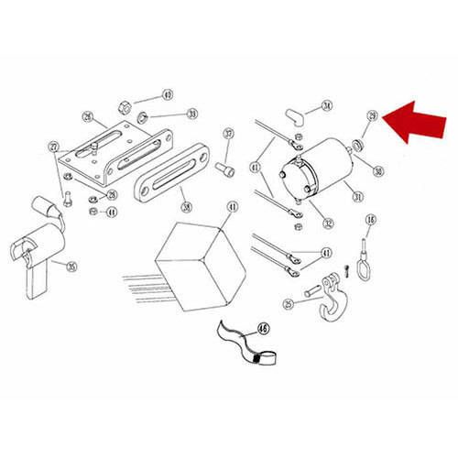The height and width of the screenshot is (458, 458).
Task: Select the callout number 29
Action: tap(372, 116)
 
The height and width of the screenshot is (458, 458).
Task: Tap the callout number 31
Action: tap(358, 195)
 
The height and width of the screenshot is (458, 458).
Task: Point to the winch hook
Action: tap(328, 303)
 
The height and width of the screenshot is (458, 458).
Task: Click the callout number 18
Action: tap(371, 220)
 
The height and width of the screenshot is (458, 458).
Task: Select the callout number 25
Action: tap(288, 303)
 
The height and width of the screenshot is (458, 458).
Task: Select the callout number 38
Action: tap(186, 206)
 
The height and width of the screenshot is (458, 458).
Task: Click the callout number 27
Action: tap(53, 147)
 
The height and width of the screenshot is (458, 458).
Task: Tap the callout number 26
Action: tap(88, 116)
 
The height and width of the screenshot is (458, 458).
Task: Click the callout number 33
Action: tap(192, 114)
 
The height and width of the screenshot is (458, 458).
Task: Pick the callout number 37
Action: tap(228, 135)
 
